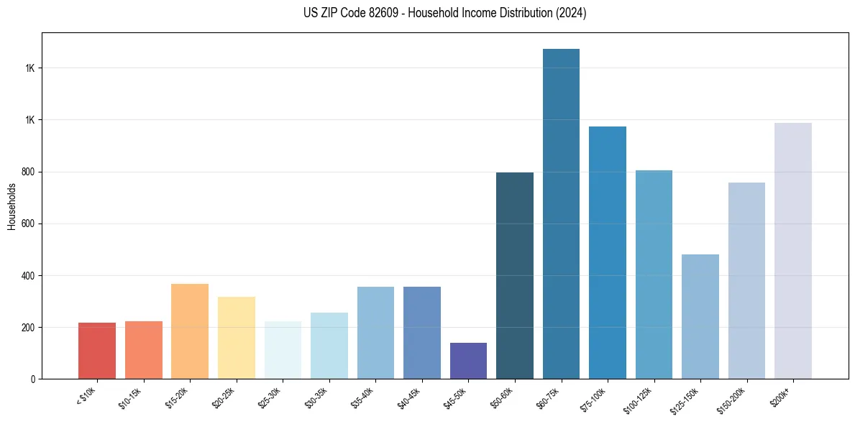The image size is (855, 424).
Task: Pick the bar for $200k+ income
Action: click(x=792, y=251)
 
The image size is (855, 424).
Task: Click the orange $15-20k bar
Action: click(x=190, y=331)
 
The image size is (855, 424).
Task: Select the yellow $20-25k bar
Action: click(x=237, y=338)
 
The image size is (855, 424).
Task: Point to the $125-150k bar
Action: click(x=700, y=317)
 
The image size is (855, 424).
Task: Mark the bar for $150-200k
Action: click(x=746, y=281)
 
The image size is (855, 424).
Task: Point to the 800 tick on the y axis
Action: click(x=29, y=172)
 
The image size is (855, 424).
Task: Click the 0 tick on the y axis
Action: click(x=33, y=379)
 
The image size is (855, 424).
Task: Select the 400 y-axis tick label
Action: click(x=29, y=275)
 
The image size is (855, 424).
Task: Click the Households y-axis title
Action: click(x=12, y=206)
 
